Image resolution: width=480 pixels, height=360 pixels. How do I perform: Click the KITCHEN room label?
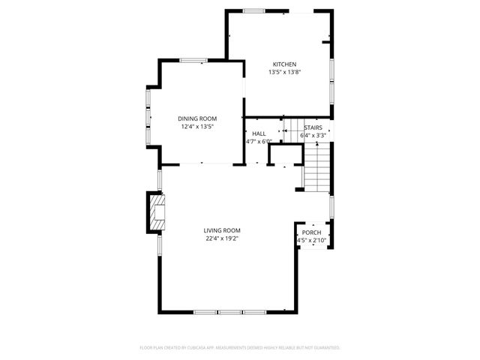[284, 64]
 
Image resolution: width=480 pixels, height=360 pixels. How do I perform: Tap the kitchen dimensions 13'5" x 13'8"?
[284, 73]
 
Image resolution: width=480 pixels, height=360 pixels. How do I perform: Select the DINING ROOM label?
[197, 118]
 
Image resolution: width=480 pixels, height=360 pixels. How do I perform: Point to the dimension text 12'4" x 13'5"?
[197, 127]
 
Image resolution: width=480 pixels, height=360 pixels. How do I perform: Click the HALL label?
[259, 133]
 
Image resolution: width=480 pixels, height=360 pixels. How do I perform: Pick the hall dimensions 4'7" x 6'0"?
[258, 141]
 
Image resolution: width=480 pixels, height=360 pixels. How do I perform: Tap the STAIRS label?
[313, 128]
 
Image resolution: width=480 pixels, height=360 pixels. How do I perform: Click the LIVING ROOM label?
[223, 230]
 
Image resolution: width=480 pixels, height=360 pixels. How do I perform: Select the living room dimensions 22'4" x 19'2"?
[223, 238]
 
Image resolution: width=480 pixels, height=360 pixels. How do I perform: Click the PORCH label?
[311, 232]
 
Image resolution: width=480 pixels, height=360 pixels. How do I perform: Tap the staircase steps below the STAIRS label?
[316, 167]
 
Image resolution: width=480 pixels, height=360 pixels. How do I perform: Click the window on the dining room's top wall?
[193, 60]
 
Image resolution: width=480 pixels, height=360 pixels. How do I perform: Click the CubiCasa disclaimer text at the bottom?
[240, 348]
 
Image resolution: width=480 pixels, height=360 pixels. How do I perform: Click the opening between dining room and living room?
[200, 164]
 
